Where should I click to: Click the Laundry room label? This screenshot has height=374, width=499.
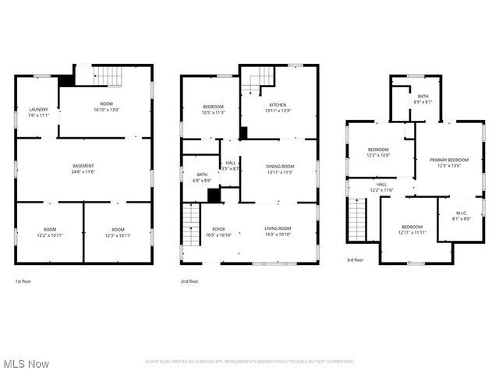(39, 111)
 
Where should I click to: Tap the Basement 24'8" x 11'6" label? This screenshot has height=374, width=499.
(83, 168)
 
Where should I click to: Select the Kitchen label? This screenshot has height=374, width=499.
(278, 108)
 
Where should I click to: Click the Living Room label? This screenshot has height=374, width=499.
(278, 231)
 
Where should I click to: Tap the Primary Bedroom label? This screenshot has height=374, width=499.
(449, 162)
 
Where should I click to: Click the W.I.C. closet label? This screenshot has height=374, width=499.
(460, 219)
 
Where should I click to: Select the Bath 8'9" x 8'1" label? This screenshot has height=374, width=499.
(423, 99)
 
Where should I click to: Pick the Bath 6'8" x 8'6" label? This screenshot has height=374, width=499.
(202, 177)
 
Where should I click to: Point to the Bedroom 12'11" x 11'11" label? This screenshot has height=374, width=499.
(412, 229)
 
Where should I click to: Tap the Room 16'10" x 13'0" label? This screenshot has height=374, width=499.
(106, 107)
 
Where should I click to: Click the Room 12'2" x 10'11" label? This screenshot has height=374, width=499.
(50, 232)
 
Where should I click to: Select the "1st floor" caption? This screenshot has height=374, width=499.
(23, 280)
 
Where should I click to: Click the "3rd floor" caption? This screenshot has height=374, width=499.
(355, 259)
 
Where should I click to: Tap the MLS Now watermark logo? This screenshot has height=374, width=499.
(26, 363)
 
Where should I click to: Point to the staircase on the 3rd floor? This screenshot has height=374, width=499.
(356, 220)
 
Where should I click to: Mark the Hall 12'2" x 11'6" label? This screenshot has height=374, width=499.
(381, 187)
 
